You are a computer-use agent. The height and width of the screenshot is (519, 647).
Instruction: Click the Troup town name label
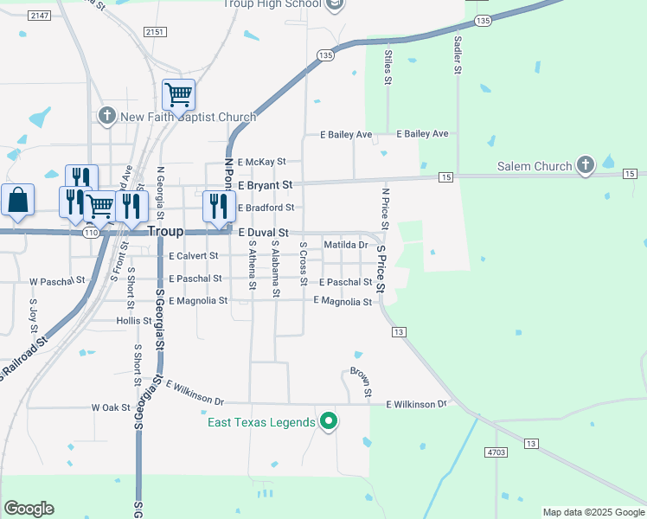[x=165, y=232]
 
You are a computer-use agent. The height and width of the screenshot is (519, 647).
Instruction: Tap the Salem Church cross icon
[x=586, y=165]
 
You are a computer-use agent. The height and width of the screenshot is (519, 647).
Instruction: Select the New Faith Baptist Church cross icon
[x=107, y=116]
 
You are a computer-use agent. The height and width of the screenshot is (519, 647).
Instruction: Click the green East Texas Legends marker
[x=328, y=421]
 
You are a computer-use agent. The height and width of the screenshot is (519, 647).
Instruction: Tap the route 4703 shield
[x=496, y=452]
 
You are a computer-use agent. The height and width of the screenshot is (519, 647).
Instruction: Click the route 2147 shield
[x=38, y=16]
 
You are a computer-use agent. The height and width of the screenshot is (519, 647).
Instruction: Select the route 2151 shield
[x=155, y=32]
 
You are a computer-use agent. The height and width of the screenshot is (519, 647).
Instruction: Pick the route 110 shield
[x=91, y=233]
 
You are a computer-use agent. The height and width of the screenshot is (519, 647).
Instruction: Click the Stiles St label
[x=388, y=67]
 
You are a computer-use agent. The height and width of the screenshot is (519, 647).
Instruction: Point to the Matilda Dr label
[x=346, y=246]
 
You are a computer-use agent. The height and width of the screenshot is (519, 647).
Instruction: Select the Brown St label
[x=361, y=382]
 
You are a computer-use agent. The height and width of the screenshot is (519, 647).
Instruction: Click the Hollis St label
[x=134, y=320]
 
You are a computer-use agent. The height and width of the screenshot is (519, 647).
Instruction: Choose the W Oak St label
[x=110, y=407]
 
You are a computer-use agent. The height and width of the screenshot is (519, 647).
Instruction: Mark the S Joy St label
[x=34, y=315]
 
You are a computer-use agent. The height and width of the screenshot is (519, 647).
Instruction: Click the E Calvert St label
[x=195, y=256]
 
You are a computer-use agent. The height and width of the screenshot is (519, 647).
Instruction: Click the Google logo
[x=29, y=509]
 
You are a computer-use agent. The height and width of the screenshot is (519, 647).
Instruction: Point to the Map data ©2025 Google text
[x=593, y=512]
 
